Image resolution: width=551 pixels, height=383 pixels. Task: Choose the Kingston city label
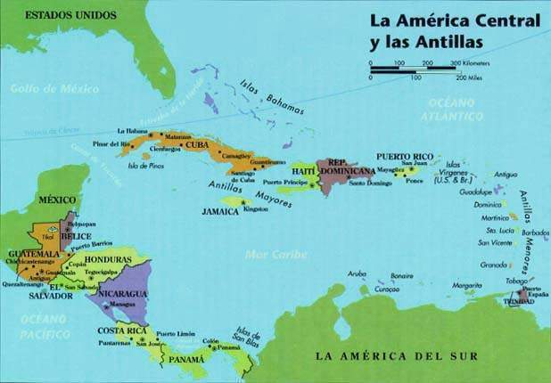pyautogui.click(x=255, y=209)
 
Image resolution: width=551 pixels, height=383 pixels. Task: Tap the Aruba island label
pyautogui.click(x=357, y=274)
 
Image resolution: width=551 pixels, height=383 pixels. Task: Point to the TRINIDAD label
pyautogui.click(x=522, y=301)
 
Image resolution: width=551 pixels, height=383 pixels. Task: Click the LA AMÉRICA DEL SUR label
pyautogui.click(x=398, y=355)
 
